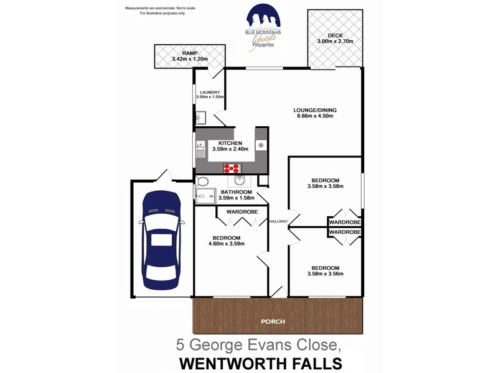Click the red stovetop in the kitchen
point(232,167)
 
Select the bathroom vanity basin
point(240,181)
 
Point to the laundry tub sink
point(200,118)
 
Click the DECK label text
point(334,34)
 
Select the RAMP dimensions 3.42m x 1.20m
point(189,60)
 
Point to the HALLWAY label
point(278,221)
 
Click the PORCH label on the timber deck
point(273,321)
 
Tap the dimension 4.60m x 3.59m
point(227,244)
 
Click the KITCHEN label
point(230,143)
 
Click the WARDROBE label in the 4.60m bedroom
point(242,212)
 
